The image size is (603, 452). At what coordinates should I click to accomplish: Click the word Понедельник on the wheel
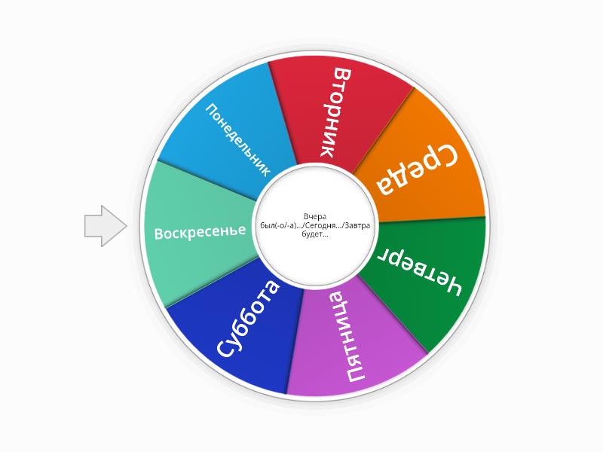[238, 140]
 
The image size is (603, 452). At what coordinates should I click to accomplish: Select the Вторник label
[332, 112]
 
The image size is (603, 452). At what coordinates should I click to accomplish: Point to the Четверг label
[419, 271]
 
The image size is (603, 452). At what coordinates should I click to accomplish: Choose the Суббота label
[246, 318]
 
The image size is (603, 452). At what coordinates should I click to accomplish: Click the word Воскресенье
[200, 232]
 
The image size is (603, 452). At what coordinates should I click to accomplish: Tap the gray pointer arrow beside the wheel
[106, 226]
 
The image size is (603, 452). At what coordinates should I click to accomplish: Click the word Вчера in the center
[315, 216]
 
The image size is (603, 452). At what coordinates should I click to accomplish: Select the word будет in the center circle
[315, 234]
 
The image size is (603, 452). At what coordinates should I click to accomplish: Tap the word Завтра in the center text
[357, 225]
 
